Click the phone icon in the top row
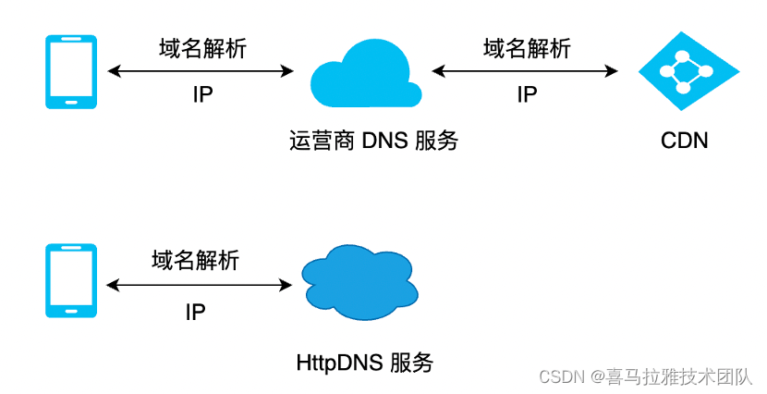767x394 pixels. pos(72,72)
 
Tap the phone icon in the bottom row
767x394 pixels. pos(72,281)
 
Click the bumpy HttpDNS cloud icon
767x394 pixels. pos(357,281)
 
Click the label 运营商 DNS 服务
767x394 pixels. pos(373,141)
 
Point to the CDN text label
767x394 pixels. pos(685,141)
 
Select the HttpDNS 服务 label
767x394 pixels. pos(364,362)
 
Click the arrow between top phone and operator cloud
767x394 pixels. pos(201,71)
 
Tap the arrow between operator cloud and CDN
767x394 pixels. pos(525,71)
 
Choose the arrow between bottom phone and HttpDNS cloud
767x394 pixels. pos(199,286)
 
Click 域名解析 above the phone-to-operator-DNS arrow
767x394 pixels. pos(202,48)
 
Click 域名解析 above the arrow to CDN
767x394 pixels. pos(527,48)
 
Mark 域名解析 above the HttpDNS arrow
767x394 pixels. pos(195,261)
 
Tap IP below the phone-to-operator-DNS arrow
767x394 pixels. pos(202,95)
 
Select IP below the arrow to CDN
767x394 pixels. pos(527,95)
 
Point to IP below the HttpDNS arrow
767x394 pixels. pos(195,312)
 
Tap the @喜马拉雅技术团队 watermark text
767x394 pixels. pos(673,376)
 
